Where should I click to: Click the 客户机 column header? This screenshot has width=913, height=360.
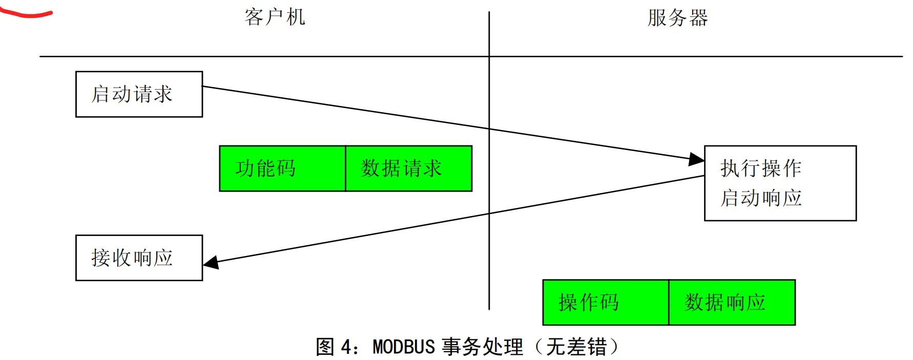275,17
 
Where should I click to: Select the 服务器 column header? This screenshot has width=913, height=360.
677,18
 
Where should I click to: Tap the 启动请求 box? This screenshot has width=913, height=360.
139,94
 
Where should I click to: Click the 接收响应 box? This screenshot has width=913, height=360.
139,258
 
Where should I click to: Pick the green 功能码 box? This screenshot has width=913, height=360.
282,168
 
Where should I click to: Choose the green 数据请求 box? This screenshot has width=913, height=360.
408,168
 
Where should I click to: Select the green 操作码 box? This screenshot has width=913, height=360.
606,302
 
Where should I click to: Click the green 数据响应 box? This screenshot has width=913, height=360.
732,302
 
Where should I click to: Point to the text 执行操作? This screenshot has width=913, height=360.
761,168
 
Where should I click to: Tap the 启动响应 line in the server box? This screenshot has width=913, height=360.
761,198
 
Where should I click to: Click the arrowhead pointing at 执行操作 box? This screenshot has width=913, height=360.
696,159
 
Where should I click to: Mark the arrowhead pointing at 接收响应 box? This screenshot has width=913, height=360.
211,262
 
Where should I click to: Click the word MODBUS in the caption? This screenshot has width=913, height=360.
404,347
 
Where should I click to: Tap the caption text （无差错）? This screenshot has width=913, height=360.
576,347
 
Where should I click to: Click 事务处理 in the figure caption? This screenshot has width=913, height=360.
483,347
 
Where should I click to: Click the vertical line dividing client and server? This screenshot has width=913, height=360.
489,230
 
